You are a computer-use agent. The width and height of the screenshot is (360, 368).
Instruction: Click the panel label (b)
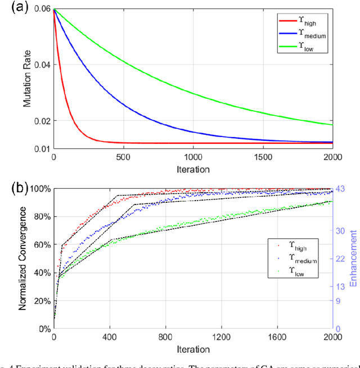coord(12,187)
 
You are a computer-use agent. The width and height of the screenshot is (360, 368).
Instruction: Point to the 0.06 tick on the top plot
coord(42,10)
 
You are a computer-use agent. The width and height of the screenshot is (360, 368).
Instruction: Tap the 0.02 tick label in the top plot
coord(42,121)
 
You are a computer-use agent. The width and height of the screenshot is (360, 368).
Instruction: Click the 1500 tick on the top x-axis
coord(262,158)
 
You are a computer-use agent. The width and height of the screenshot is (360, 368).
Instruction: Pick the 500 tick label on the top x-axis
coord(123,158)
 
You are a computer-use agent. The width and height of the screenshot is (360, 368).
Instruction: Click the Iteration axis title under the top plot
coord(192,169)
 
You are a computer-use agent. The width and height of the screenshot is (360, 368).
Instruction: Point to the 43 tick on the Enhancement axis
coord(341,189)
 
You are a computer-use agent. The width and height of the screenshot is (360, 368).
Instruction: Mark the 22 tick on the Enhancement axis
coord(340,258)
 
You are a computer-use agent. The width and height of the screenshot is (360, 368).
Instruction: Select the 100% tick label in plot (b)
coord(38,189)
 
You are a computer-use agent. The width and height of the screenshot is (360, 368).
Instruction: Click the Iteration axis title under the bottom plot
coord(192,349)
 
